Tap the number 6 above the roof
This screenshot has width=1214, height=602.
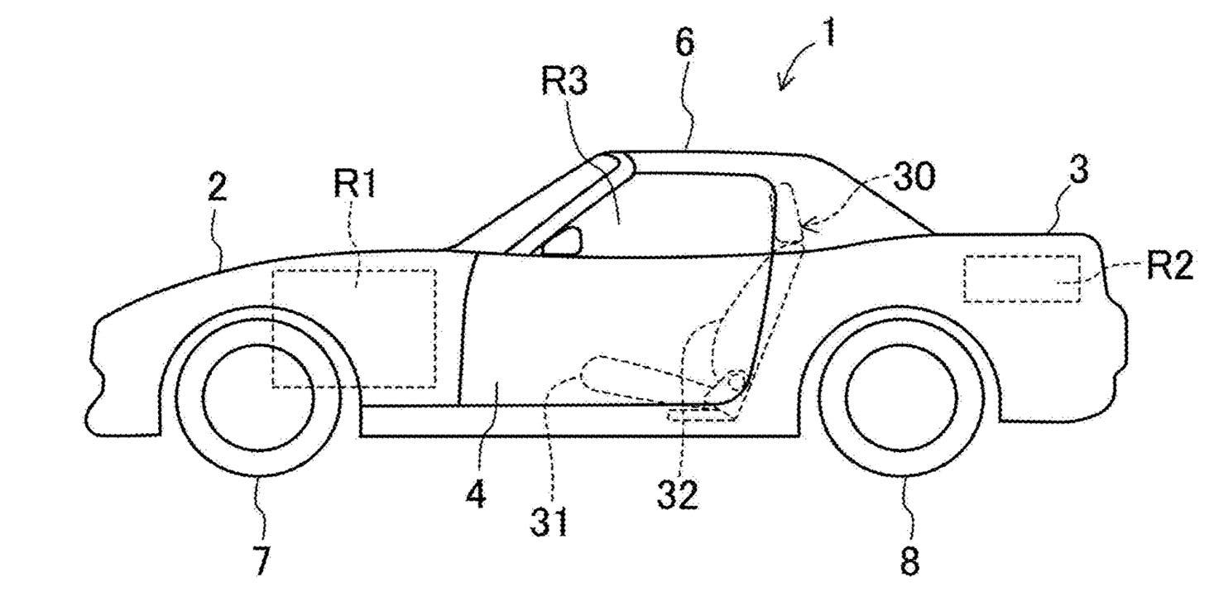[685, 42]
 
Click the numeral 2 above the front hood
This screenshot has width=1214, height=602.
[217, 187]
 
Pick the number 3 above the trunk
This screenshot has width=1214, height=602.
[1077, 171]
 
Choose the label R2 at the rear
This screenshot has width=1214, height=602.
[1169, 267]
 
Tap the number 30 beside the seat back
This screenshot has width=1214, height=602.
[914, 176]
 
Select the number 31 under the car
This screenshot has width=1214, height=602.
[549, 522]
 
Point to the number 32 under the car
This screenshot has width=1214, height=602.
[677, 494]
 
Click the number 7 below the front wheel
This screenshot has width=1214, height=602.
[261, 561]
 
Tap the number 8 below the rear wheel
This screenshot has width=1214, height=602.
[909, 562]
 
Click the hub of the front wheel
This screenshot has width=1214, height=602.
[258, 397]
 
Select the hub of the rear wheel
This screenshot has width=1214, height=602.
[900, 397]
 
